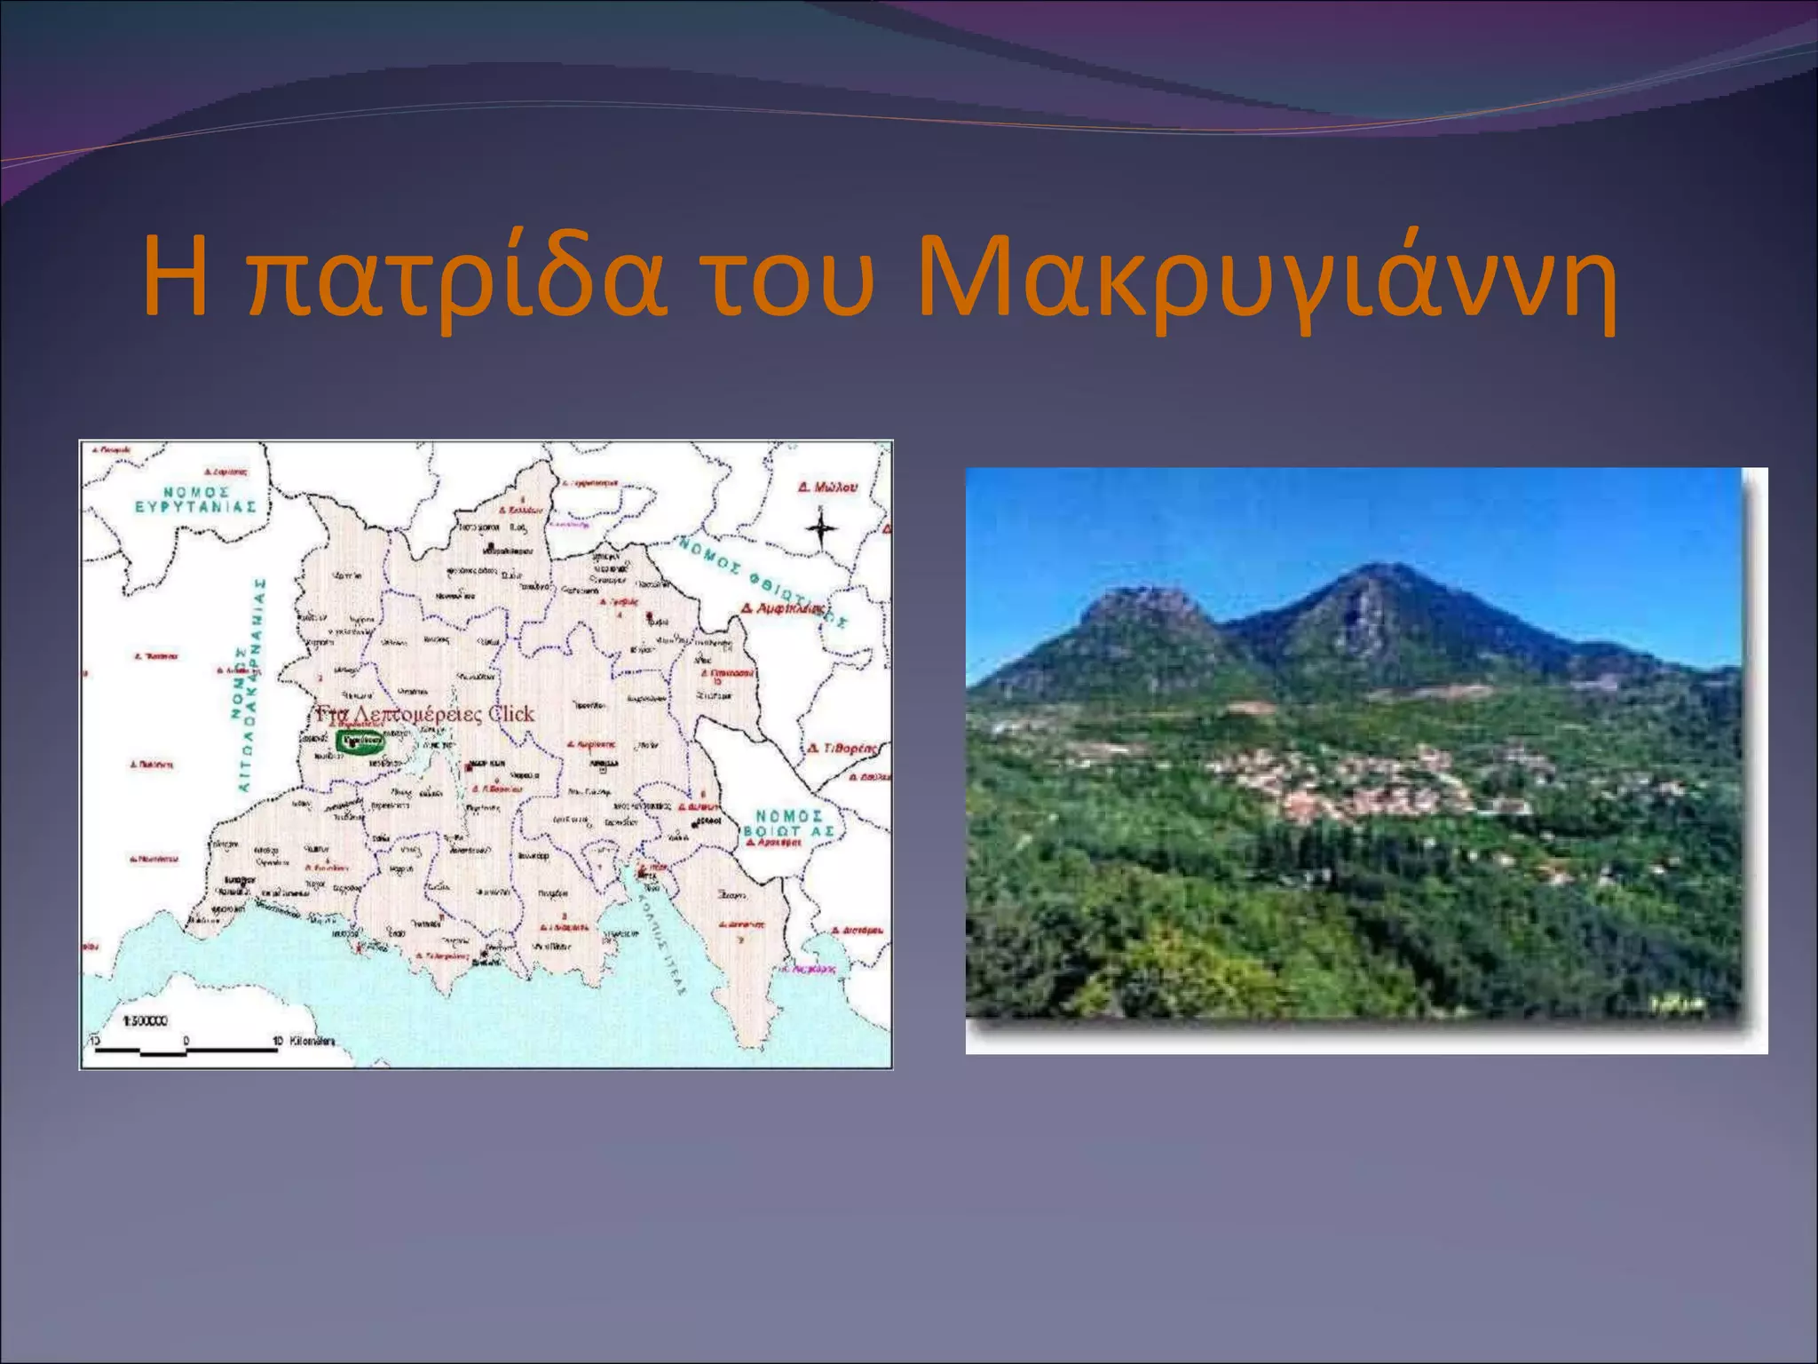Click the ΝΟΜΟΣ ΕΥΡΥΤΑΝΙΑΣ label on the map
point(196,499)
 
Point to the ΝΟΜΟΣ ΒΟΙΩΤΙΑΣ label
point(789,823)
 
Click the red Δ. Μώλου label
point(827,488)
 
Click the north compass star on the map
point(821,530)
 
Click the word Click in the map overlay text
point(511,714)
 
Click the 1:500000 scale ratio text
point(145,1021)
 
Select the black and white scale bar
point(185,1051)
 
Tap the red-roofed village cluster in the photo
point(1367,781)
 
